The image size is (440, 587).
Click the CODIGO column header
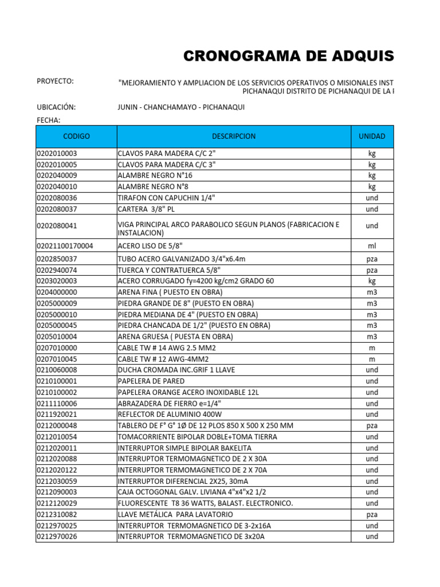[x=76, y=136]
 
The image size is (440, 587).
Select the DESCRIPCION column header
[x=234, y=136]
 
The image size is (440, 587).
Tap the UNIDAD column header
[x=372, y=136]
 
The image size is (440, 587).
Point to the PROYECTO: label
[x=55, y=81]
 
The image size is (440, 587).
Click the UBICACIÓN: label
[x=56, y=107]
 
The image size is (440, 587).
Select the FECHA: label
[x=48, y=120]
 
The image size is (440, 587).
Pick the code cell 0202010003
[x=56, y=154]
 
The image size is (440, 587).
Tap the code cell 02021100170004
[x=64, y=246]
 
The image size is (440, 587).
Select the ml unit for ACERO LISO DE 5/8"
[x=372, y=246]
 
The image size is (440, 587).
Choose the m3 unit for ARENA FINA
[x=372, y=292]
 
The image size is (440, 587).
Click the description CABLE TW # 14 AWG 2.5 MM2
[x=167, y=348]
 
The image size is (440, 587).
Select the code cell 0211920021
[x=56, y=414]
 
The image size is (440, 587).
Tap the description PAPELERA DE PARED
[x=151, y=381]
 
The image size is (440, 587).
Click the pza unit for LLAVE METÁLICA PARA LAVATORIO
[x=372, y=515]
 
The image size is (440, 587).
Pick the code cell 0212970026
[x=56, y=537]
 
